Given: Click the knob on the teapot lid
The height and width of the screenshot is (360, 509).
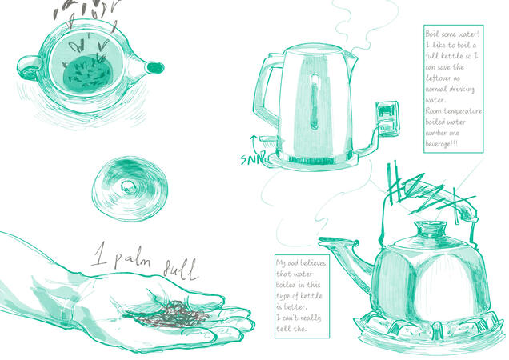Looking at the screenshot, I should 126,186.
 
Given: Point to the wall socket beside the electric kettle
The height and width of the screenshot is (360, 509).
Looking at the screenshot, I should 387,118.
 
